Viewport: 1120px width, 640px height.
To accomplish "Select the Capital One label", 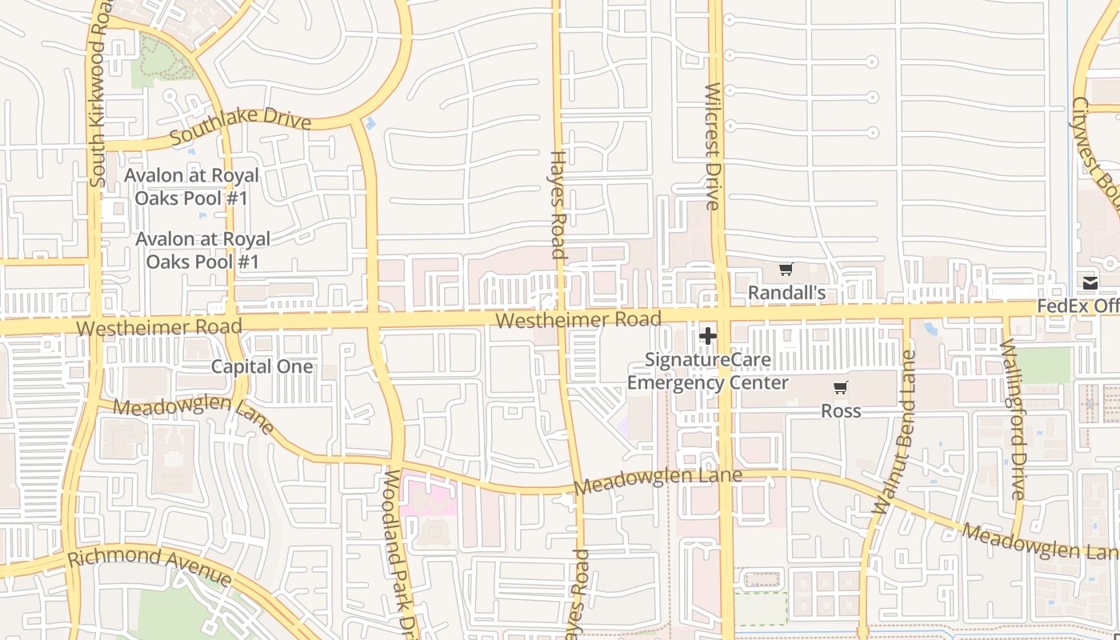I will pos(262,366).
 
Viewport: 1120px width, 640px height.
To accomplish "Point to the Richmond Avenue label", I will pos(150,569).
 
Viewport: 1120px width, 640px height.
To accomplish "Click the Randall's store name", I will pos(786,293).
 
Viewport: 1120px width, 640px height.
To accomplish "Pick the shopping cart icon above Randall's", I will pos(786,270).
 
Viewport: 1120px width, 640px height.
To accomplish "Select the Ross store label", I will pos(841,410).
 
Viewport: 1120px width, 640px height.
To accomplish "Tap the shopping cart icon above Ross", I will pos(840,388).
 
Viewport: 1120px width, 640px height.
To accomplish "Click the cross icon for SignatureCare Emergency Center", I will pos(708,336).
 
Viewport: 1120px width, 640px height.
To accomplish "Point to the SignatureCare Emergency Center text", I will pos(708,371).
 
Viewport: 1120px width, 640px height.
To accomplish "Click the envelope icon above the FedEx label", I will pos(1090,282).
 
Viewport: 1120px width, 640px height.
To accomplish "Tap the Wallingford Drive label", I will pos(1012,420).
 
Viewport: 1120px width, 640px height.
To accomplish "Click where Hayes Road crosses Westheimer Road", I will pos(561,315).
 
